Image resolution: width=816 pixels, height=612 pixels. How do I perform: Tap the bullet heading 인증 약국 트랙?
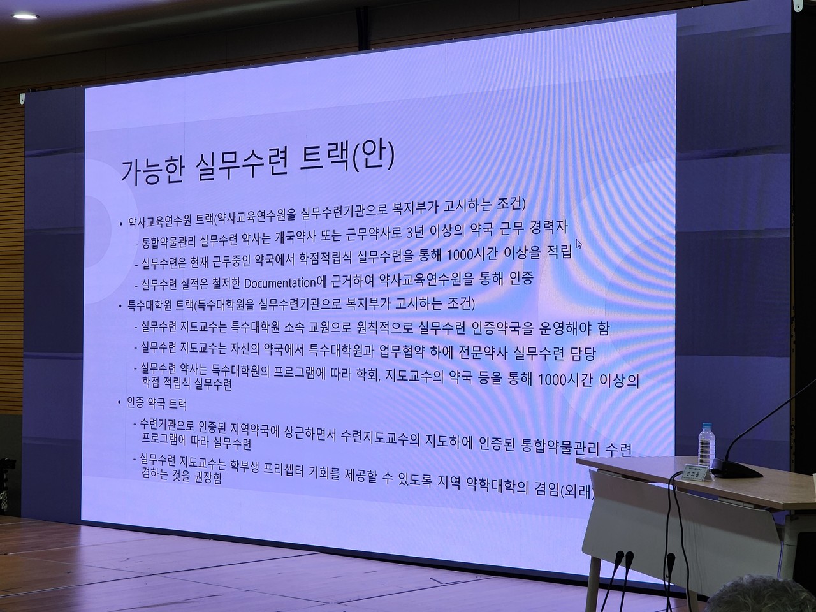point(157,404)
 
